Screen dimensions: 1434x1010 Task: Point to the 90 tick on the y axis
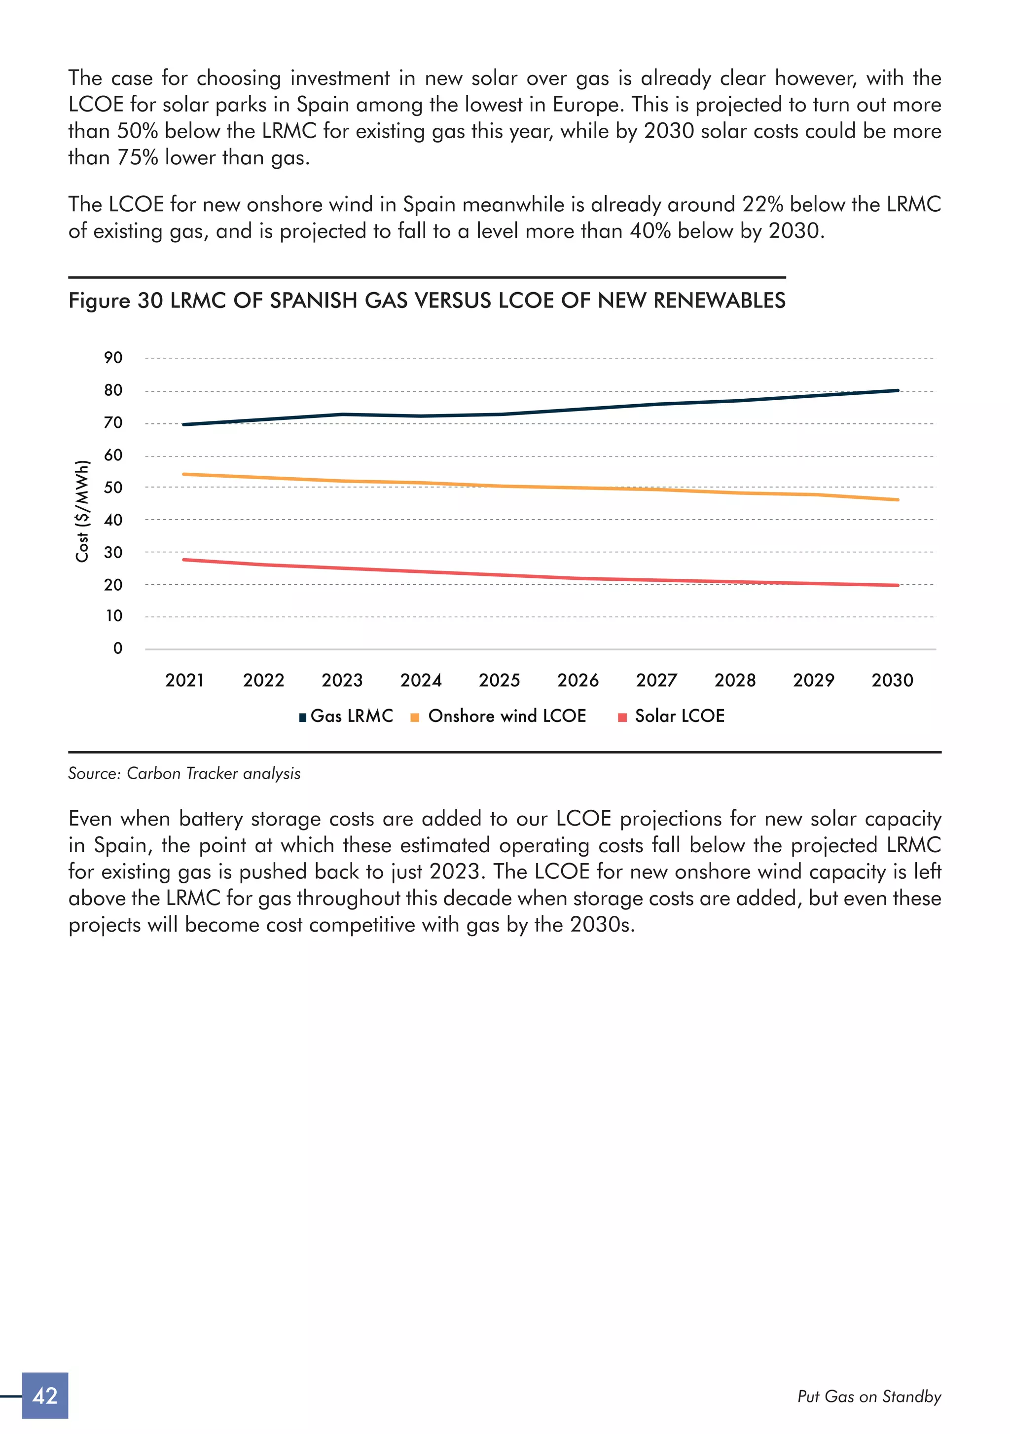(x=113, y=358)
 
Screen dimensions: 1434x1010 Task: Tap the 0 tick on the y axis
(x=117, y=648)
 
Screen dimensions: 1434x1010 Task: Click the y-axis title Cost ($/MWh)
(x=82, y=511)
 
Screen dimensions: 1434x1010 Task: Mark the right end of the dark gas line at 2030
(x=897, y=390)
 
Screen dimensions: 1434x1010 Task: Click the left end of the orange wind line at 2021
(x=184, y=474)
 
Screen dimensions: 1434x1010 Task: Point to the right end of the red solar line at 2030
(x=897, y=585)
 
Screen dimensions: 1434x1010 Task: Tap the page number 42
(x=45, y=1396)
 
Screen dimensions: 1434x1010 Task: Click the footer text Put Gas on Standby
(x=869, y=1396)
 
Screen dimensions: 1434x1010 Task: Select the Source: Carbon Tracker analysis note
(x=184, y=773)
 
